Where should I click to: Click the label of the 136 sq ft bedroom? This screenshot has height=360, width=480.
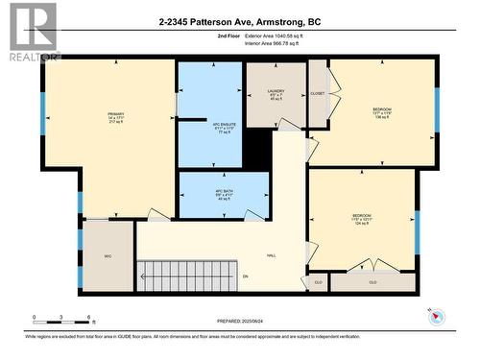[381, 109]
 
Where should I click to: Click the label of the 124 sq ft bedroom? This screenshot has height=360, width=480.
[361, 215]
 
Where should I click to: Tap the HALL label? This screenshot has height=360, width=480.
[272, 256]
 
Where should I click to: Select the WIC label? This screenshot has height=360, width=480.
[108, 257]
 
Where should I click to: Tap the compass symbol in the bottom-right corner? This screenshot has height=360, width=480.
[435, 317]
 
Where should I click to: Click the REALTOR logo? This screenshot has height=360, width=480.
[29, 31]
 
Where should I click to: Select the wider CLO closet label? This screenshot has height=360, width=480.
[372, 283]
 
